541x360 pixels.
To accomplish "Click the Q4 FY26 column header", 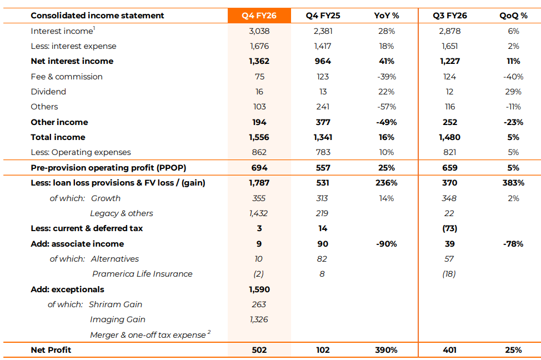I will pyautogui.click(x=259, y=16).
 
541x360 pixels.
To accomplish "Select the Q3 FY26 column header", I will pyautogui.click(x=449, y=16).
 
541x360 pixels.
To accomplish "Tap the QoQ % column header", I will pyautogui.click(x=513, y=16).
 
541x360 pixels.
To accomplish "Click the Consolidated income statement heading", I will pyautogui.click(x=97, y=16).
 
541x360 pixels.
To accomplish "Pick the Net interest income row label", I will pyautogui.click(x=72, y=61).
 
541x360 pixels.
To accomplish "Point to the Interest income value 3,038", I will pyautogui.click(x=259, y=31).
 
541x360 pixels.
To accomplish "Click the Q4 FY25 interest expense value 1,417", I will pyautogui.click(x=323, y=46).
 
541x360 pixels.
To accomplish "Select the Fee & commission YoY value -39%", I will pyautogui.click(x=387, y=77).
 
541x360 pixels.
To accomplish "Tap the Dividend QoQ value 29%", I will pyautogui.click(x=513, y=92).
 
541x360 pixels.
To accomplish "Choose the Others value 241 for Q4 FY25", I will pyautogui.click(x=323, y=107).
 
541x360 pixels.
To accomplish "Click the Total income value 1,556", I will pyautogui.click(x=259, y=137).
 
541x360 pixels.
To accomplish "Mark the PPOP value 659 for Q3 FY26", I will pyautogui.click(x=449, y=168).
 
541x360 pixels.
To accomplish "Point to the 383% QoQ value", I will pyautogui.click(x=513, y=183).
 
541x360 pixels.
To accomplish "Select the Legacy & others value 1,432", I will pyautogui.click(x=259, y=213).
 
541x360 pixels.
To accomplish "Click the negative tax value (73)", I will pyautogui.click(x=449, y=228).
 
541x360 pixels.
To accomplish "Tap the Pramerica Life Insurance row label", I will pyautogui.click(x=142, y=274).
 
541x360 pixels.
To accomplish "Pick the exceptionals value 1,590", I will pyautogui.click(x=259, y=289).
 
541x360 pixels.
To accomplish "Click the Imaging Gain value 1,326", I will pyautogui.click(x=259, y=319).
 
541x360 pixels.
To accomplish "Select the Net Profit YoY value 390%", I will pyautogui.click(x=387, y=350).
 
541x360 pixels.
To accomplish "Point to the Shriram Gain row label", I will pyautogui.click(x=116, y=304).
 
